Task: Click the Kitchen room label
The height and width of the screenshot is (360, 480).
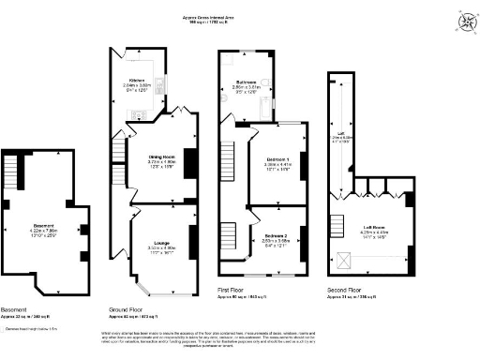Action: [x=137, y=82]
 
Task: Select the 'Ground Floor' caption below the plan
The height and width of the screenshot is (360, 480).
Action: [x=130, y=308]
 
